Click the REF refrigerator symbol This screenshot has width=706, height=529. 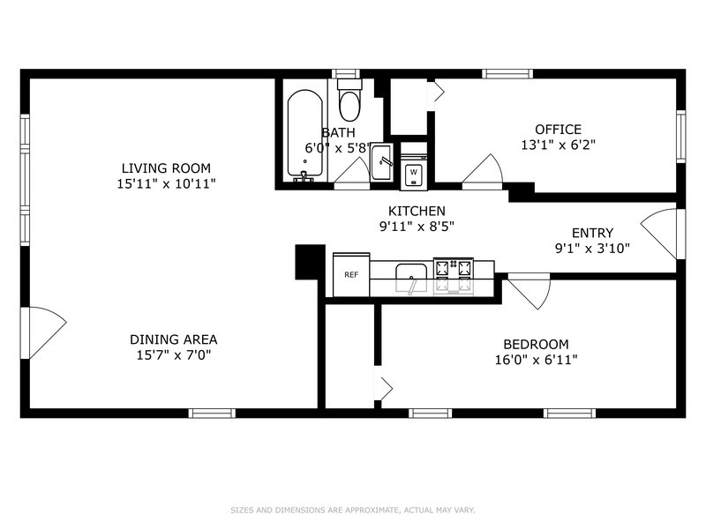[351, 274]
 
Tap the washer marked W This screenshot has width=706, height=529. [414, 172]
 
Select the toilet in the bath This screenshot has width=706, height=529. [349, 100]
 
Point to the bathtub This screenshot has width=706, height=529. [304, 134]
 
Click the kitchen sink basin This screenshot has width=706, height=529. [411, 277]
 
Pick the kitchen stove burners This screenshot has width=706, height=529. [454, 276]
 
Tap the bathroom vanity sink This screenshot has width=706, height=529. [381, 163]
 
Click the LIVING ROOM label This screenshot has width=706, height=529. [166, 168]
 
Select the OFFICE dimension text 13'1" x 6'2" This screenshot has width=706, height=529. [559, 145]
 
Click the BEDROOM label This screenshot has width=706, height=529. [536, 344]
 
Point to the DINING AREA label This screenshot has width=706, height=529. [173, 339]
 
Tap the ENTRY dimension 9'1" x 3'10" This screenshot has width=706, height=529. [592, 248]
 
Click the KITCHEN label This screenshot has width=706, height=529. [417, 211]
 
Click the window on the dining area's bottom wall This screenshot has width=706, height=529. [212, 414]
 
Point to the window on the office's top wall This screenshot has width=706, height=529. [507, 74]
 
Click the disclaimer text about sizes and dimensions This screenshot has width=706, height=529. [353, 510]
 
